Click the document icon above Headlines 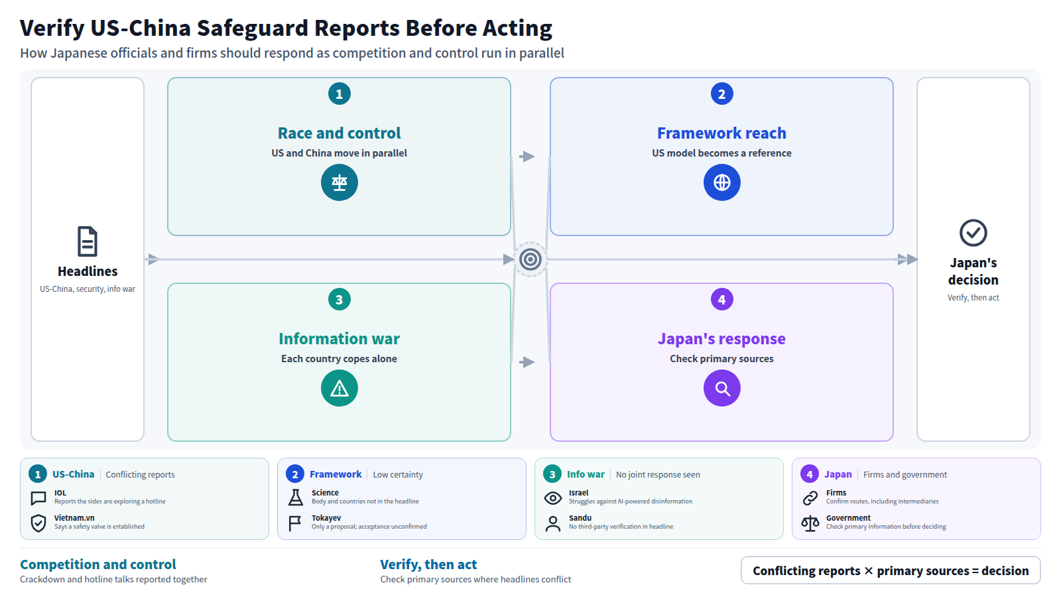88,241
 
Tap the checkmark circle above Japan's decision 973,233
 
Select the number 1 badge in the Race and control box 339,94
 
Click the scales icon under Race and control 339,182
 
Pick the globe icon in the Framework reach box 721,182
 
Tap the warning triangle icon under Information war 339,388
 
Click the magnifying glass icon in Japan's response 721,388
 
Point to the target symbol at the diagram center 530,259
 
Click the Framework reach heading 721,133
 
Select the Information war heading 339,339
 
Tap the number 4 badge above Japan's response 721,299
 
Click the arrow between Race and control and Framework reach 527,157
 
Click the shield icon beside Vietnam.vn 38,523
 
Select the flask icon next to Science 296,497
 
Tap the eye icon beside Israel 553,498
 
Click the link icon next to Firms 810,498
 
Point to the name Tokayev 326,518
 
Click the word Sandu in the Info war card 580,518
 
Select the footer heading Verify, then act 428,564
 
